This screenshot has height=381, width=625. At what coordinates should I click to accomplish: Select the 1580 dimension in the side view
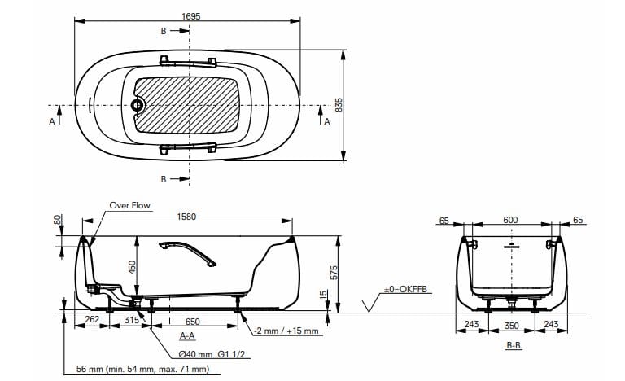click(188, 217)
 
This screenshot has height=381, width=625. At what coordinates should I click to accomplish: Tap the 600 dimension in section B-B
click(509, 220)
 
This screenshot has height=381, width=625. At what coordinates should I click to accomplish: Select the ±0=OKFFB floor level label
click(406, 288)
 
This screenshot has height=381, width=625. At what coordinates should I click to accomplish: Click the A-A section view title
click(186, 335)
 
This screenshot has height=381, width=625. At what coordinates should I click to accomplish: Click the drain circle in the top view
click(137, 105)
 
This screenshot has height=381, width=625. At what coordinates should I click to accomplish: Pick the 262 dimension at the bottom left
click(92, 320)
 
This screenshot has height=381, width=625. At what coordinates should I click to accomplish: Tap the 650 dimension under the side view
click(192, 322)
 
